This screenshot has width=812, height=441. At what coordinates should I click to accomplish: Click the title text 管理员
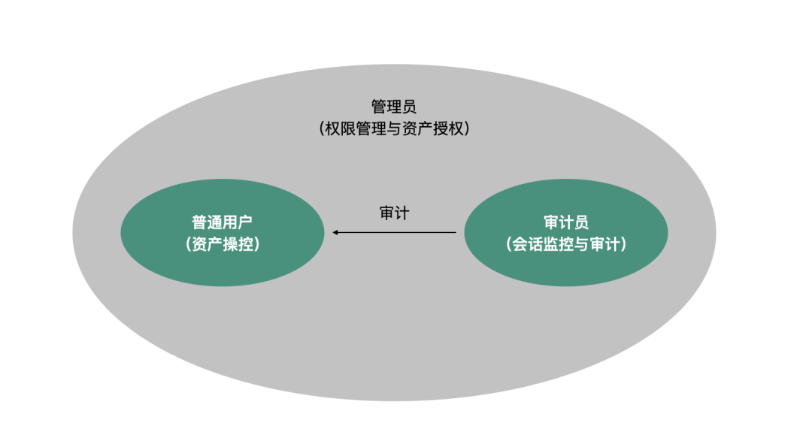coord(394,106)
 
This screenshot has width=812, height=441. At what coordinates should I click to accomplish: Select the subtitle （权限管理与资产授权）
coord(394,128)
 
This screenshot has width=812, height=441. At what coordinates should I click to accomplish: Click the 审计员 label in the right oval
coord(565,222)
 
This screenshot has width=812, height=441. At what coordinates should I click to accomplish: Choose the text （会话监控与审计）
coord(565,244)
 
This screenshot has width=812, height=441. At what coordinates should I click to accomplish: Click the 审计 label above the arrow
coord(394,213)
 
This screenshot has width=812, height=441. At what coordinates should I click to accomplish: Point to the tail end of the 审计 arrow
coord(454,233)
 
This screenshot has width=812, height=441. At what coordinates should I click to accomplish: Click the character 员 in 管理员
coord(409,106)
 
